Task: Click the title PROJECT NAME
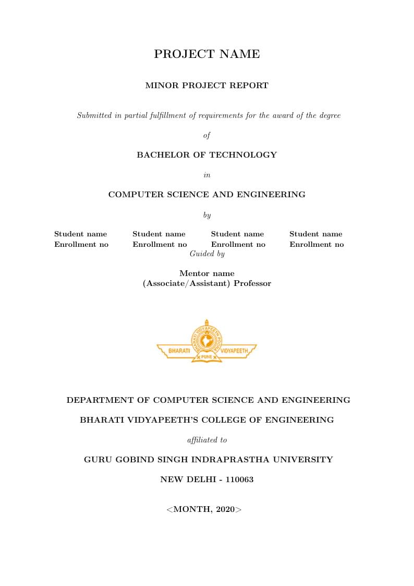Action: point(207,54)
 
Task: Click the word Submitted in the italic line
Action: point(94,115)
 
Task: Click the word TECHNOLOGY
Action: point(243,155)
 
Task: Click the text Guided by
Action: point(207,254)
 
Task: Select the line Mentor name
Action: point(207,273)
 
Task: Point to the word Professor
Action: point(252,284)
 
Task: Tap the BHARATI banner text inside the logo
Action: point(179,351)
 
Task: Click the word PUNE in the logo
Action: point(207,356)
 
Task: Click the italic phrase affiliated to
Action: point(207,440)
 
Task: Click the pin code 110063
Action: point(239,480)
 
